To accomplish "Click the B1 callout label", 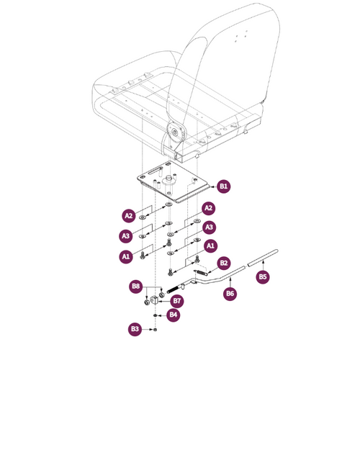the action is click(x=224, y=186).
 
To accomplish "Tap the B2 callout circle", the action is click(x=224, y=263).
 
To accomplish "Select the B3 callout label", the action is click(x=135, y=329).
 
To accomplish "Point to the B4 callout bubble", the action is click(x=174, y=315).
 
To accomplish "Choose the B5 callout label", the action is click(x=263, y=276).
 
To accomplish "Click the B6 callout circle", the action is click(x=230, y=293).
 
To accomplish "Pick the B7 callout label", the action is click(x=176, y=301).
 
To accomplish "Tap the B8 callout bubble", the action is click(x=136, y=287).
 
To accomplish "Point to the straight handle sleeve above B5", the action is click(x=263, y=258).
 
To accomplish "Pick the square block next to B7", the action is click(x=154, y=300).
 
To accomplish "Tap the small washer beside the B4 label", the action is click(x=156, y=315).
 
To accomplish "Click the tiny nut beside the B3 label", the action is click(x=156, y=329).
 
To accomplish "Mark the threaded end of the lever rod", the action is click(x=173, y=289).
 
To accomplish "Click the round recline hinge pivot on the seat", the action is click(x=175, y=132).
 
